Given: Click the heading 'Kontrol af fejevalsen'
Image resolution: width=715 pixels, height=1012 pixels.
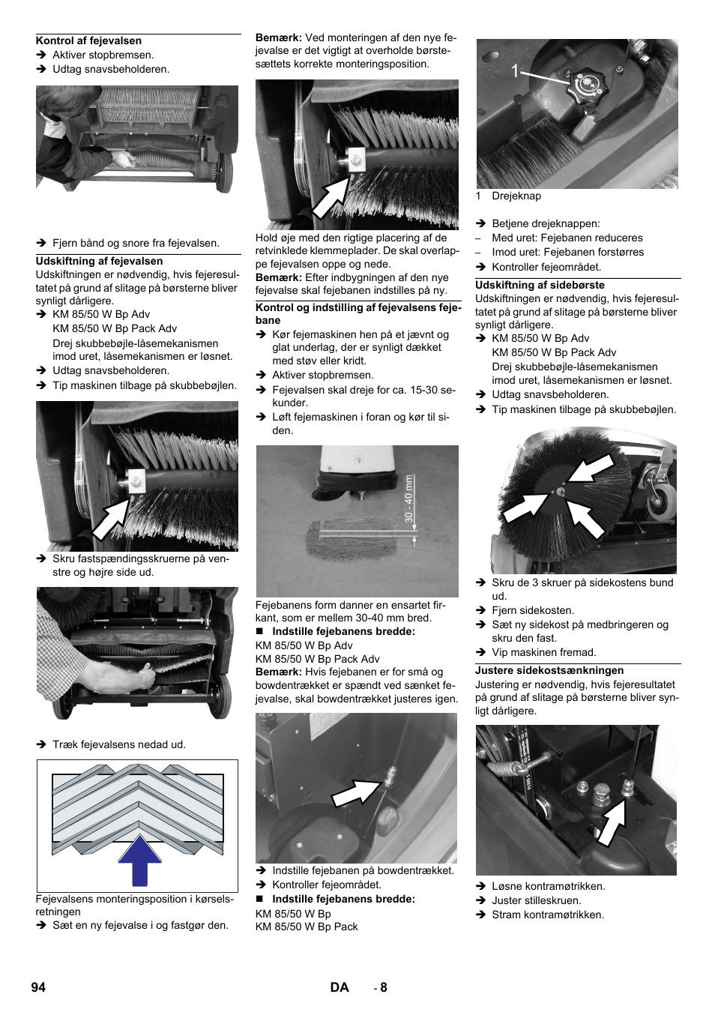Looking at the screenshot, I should pyautogui.click(x=88, y=41).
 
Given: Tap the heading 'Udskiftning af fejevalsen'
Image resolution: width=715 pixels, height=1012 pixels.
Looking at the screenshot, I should pyautogui.click(x=99, y=262).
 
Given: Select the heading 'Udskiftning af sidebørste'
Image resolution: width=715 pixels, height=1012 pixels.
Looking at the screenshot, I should pyautogui.click(x=540, y=286).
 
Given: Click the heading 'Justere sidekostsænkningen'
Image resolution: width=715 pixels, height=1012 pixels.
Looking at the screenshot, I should pyautogui.click(x=549, y=671).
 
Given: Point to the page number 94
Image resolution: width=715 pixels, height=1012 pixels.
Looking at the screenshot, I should pyautogui.click(x=38, y=987).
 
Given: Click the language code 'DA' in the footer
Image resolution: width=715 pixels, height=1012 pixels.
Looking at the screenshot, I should pyautogui.click(x=340, y=987).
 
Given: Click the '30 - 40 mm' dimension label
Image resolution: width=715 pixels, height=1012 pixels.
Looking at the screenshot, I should pyautogui.click(x=409, y=499).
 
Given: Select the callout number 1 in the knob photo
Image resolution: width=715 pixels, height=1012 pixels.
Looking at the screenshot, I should pyautogui.click(x=515, y=72).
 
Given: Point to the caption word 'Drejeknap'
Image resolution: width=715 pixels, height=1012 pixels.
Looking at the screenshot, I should pyautogui.click(x=516, y=196).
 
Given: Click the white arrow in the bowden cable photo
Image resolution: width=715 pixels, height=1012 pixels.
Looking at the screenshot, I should pyautogui.click(x=357, y=792).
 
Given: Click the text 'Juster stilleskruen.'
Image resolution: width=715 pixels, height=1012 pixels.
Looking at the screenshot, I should pyautogui.click(x=537, y=901).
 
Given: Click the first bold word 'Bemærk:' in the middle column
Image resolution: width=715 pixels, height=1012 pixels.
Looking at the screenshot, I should pyautogui.click(x=279, y=37).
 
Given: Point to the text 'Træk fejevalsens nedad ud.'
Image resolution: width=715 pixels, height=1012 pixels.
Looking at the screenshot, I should pyautogui.click(x=119, y=745).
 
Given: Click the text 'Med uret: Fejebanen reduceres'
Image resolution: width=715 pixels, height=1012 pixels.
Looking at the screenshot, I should pyautogui.click(x=567, y=238).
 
